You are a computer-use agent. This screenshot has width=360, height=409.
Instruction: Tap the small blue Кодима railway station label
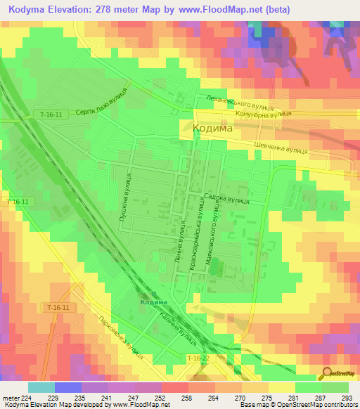click(x=153, y=301)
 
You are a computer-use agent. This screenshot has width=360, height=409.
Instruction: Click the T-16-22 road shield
click(x=199, y=358)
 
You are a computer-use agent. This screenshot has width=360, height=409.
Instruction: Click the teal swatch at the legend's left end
click(x=41, y=387)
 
